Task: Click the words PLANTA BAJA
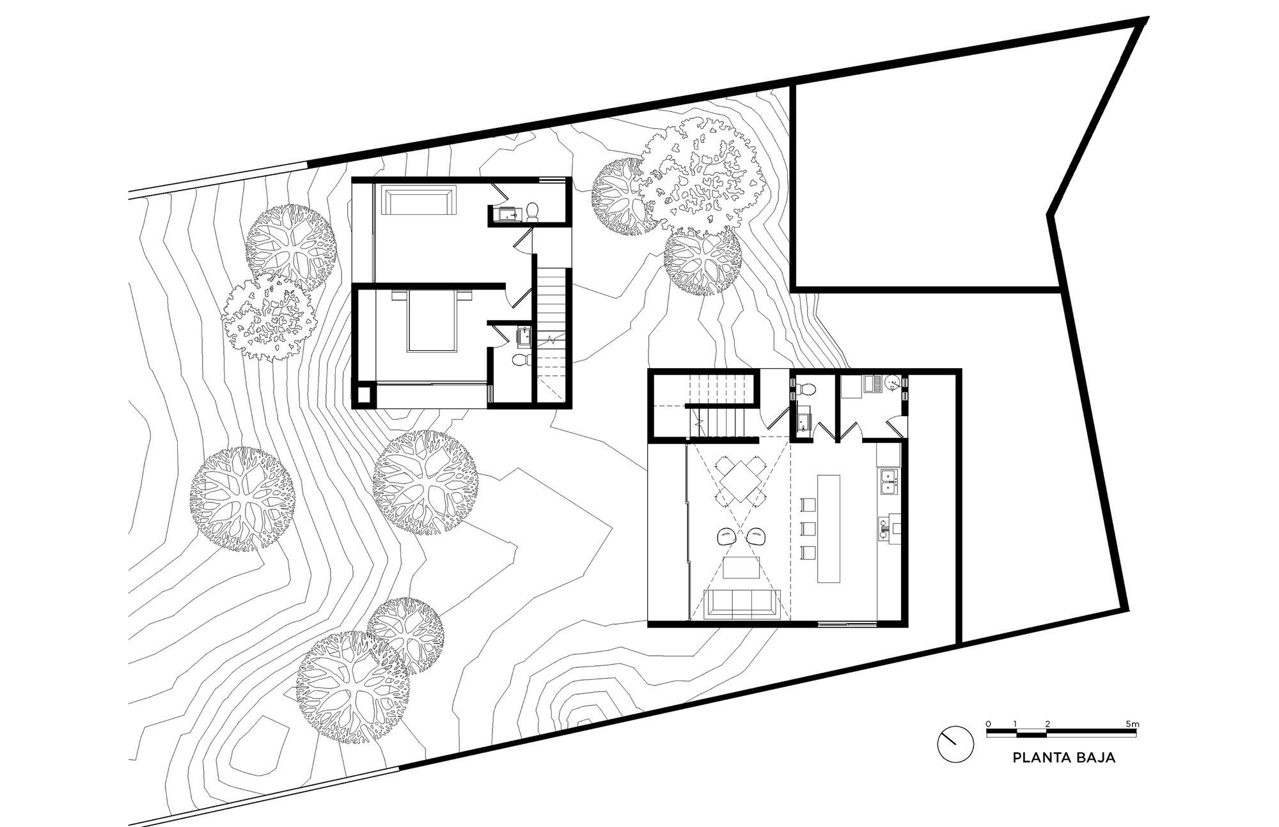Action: pyautogui.click(x=1064, y=758)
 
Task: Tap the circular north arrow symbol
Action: pyautogui.click(x=955, y=745)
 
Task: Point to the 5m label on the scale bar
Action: pyautogui.click(x=1133, y=723)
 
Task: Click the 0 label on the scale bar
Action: pyautogui.click(x=988, y=723)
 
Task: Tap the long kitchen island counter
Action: pyautogui.click(x=829, y=527)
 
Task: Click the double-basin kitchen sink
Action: pyautogui.click(x=888, y=481)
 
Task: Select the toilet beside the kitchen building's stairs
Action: pyautogui.click(x=806, y=387)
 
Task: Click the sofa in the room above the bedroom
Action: pyautogui.click(x=419, y=200)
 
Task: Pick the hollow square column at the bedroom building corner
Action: pyautogui.click(x=365, y=395)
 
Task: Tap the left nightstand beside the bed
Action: pyautogui.click(x=396, y=296)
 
